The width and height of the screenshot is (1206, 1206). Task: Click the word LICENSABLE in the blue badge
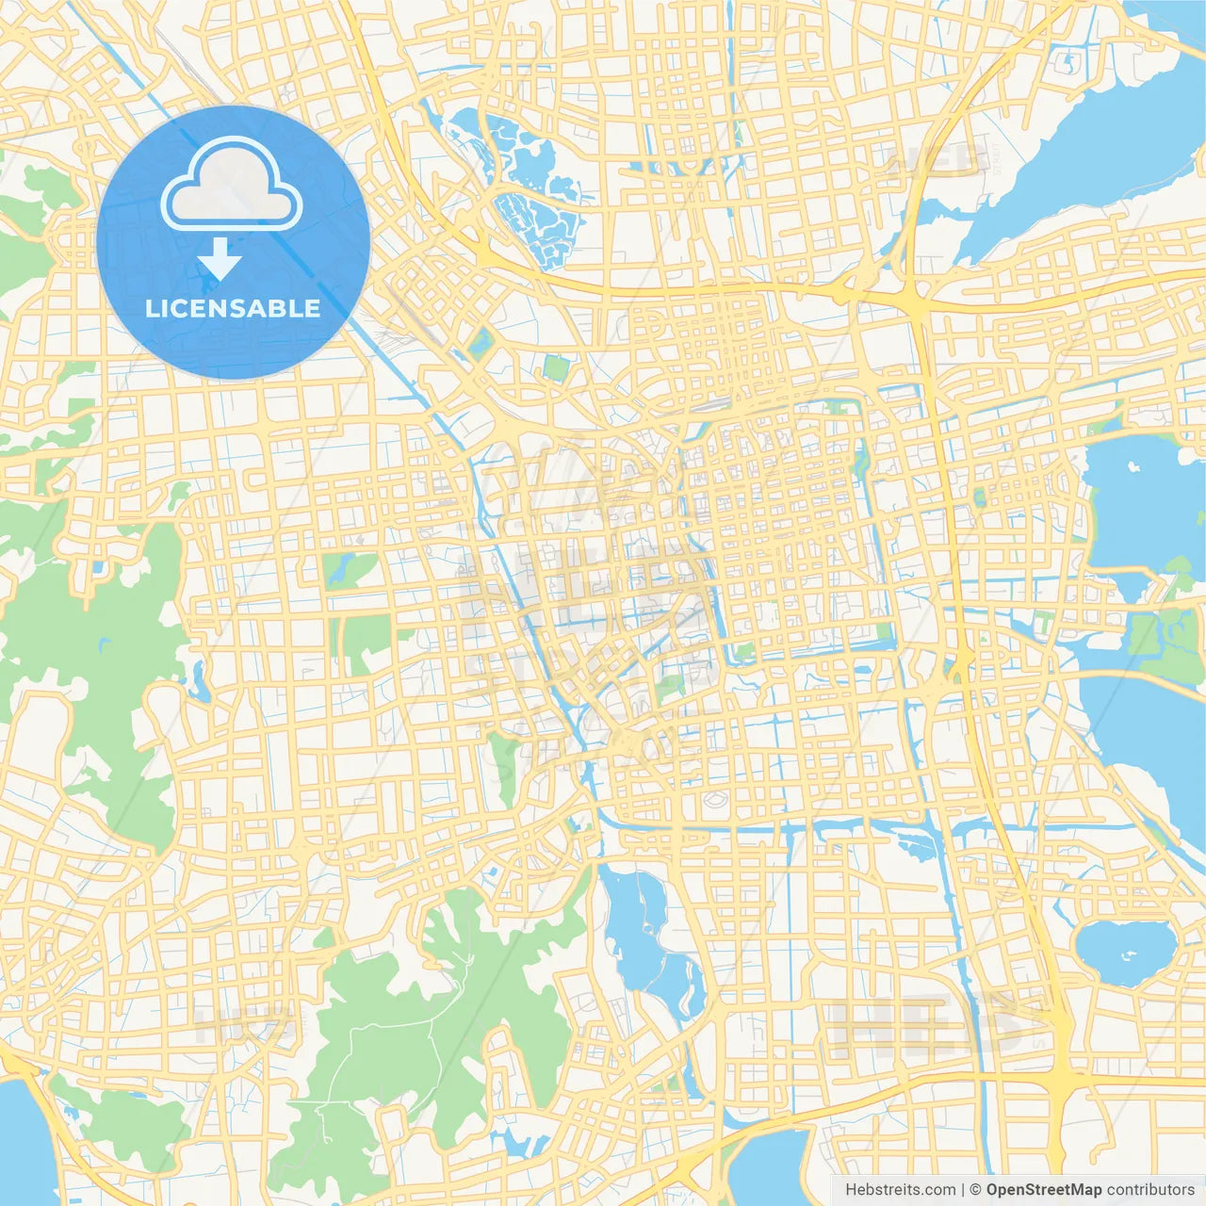coord(233,308)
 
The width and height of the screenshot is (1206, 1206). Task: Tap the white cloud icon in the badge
coord(232,184)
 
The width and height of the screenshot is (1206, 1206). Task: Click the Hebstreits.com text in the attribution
coord(900,1190)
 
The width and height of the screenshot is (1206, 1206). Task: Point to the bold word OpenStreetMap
coord(1044,1190)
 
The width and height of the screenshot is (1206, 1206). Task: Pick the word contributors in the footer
coord(1150,1190)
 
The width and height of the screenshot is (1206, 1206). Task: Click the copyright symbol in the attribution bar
coord(976,1190)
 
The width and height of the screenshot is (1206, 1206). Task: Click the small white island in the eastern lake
coord(1133,465)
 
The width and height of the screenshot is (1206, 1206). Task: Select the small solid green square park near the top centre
coord(556,367)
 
